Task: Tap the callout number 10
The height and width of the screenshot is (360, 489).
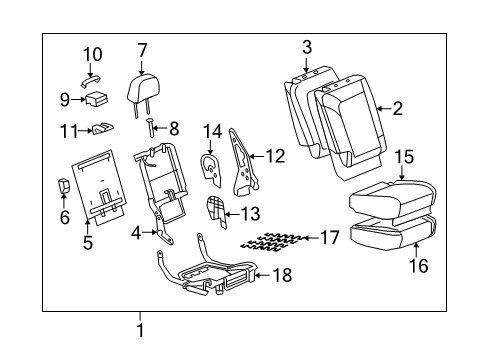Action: [x=92, y=53]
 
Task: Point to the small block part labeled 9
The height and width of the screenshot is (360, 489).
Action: [x=99, y=98]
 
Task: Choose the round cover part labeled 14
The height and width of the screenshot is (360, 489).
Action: [x=211, y=168]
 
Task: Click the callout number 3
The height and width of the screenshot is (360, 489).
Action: [x=307, y=46]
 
